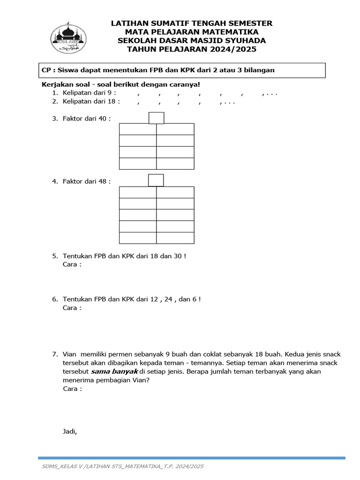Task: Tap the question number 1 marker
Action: point(55,94)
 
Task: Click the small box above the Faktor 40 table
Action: point(156,118)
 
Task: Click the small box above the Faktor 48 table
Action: point(156,180)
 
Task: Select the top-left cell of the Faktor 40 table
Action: point(138,129)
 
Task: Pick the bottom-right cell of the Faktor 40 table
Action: point(175,164)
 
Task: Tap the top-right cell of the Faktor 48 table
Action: point(175,192)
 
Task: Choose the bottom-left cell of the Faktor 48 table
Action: point(138,238)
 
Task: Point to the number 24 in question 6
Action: point(165,299)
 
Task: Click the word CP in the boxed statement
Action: point(46,70)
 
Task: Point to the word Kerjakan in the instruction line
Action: point(56,85)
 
